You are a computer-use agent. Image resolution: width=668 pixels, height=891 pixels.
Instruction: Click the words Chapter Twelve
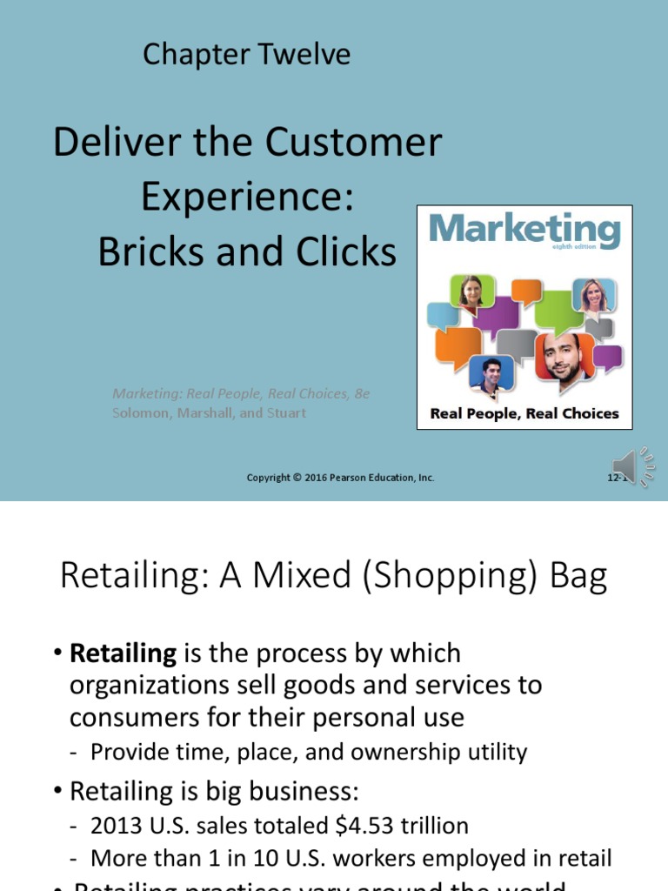pos(246,55)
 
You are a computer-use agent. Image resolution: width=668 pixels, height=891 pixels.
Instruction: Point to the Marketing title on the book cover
pos(524,230)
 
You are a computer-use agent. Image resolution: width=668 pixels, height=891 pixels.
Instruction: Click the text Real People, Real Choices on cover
pos(524,413)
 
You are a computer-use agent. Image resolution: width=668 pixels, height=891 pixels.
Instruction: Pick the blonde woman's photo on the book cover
pos(594,295)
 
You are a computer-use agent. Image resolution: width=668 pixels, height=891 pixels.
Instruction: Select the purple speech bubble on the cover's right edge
pos(608,358)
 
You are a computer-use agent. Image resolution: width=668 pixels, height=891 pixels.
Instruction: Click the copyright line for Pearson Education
pos(340,478)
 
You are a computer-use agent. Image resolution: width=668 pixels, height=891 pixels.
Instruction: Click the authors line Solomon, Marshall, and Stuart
pos(209,413)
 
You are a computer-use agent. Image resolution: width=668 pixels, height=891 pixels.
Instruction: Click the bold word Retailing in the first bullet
pos(123,653)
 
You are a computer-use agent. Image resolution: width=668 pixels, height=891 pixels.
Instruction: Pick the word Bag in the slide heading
pos(579,577)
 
